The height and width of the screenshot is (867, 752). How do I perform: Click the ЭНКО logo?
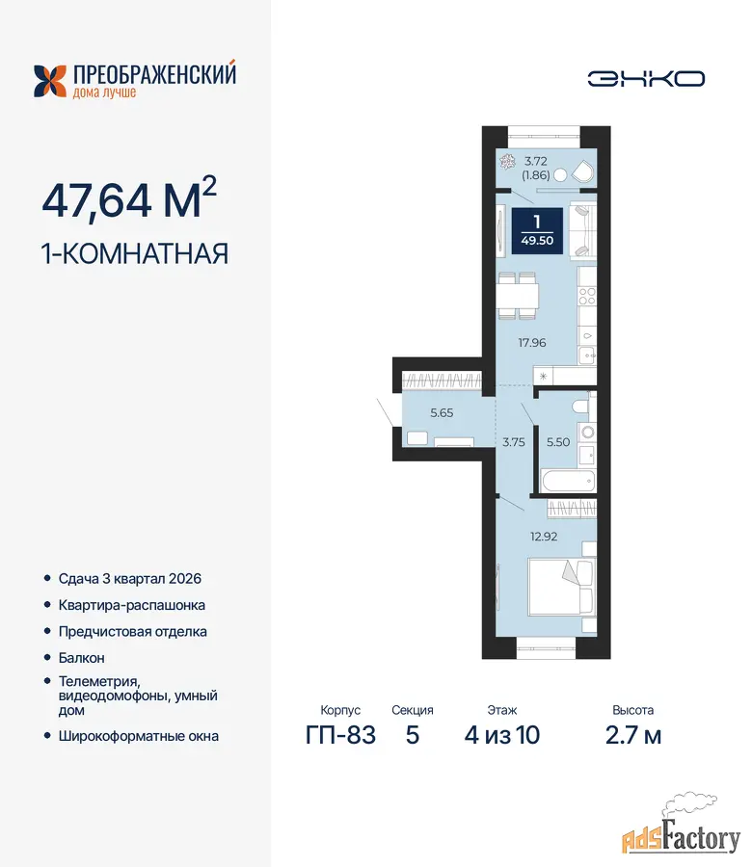pos(646,79)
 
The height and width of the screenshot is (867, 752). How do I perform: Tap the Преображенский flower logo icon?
pos(50,81)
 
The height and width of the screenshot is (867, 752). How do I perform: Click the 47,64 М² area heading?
pos(129,198)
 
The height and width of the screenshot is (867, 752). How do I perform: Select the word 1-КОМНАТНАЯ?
pos(135,253)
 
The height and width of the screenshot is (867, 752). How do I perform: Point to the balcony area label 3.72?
pos(536,161)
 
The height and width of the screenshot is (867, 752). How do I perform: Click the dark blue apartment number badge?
pos(537,231)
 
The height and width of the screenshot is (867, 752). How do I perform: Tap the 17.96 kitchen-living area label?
pos(532,343)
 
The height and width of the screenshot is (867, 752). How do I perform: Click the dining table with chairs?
pos(518,296)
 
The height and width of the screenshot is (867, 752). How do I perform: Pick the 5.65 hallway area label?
pos(442,412)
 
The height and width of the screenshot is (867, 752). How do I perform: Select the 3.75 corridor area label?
pos(514,442)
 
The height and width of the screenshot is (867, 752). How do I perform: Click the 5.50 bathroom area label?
pos(558,442)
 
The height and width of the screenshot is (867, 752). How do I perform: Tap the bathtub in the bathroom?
pos(568,481)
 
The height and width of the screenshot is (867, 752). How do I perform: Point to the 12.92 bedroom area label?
pos(544,537)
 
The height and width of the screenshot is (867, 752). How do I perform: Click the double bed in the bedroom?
pos(561,588)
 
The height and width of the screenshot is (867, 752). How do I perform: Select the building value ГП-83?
pos(340,735)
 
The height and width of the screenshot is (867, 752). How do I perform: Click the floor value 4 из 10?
pos(502,735)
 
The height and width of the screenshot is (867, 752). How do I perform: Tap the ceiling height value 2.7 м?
pos(633,735)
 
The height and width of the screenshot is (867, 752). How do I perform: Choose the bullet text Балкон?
pos(81,658)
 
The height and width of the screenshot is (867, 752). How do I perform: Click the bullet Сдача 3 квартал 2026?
pos(130,579)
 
